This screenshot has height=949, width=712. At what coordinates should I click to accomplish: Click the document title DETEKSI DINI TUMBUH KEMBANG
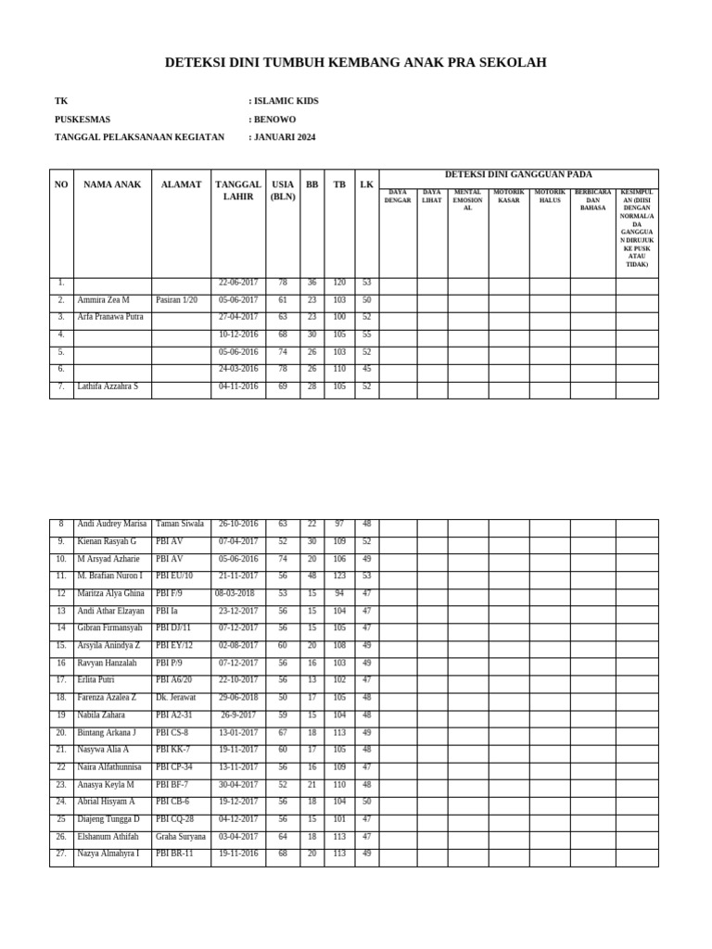click(x=355, y=63)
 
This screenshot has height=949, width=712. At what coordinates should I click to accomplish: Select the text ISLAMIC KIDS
click(x=286, y=101)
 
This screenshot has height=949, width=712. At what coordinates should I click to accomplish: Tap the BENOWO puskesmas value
click(x=275, y=120)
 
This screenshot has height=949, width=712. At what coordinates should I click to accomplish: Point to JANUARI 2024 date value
click(x=285, y=137)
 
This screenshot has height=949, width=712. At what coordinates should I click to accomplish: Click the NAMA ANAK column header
click(x=112, y=184)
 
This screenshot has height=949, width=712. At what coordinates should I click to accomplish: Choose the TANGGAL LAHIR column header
click(x=238, y=190)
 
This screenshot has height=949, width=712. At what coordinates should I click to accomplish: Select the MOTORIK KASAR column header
click(x=509, y=196)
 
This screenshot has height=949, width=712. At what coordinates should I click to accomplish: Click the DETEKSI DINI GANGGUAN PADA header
click(x=518, y=174)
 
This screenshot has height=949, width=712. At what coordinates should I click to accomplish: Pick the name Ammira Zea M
click(x=104, y=300)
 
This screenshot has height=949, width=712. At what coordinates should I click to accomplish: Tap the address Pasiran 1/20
click(x=176, y=300)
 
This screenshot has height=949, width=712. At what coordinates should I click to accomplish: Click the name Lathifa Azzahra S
click(x=108, y=386)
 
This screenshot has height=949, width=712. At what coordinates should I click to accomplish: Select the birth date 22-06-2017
click(x=238, y=283)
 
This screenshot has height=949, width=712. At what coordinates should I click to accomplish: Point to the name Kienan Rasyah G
click(x=107, y=541)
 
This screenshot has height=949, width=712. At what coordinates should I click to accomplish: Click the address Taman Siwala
click(x=180, y=524)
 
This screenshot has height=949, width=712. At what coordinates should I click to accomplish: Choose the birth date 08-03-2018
click(x=235, y=593)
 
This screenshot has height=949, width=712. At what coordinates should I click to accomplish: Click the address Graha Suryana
click(x=181, y=837)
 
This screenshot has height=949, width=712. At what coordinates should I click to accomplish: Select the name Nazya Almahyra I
click(x=108, y=854)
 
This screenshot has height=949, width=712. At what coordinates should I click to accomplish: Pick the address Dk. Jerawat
click(x=176, y=698)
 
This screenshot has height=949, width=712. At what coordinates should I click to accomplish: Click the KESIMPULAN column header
click(x=637, y=228)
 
